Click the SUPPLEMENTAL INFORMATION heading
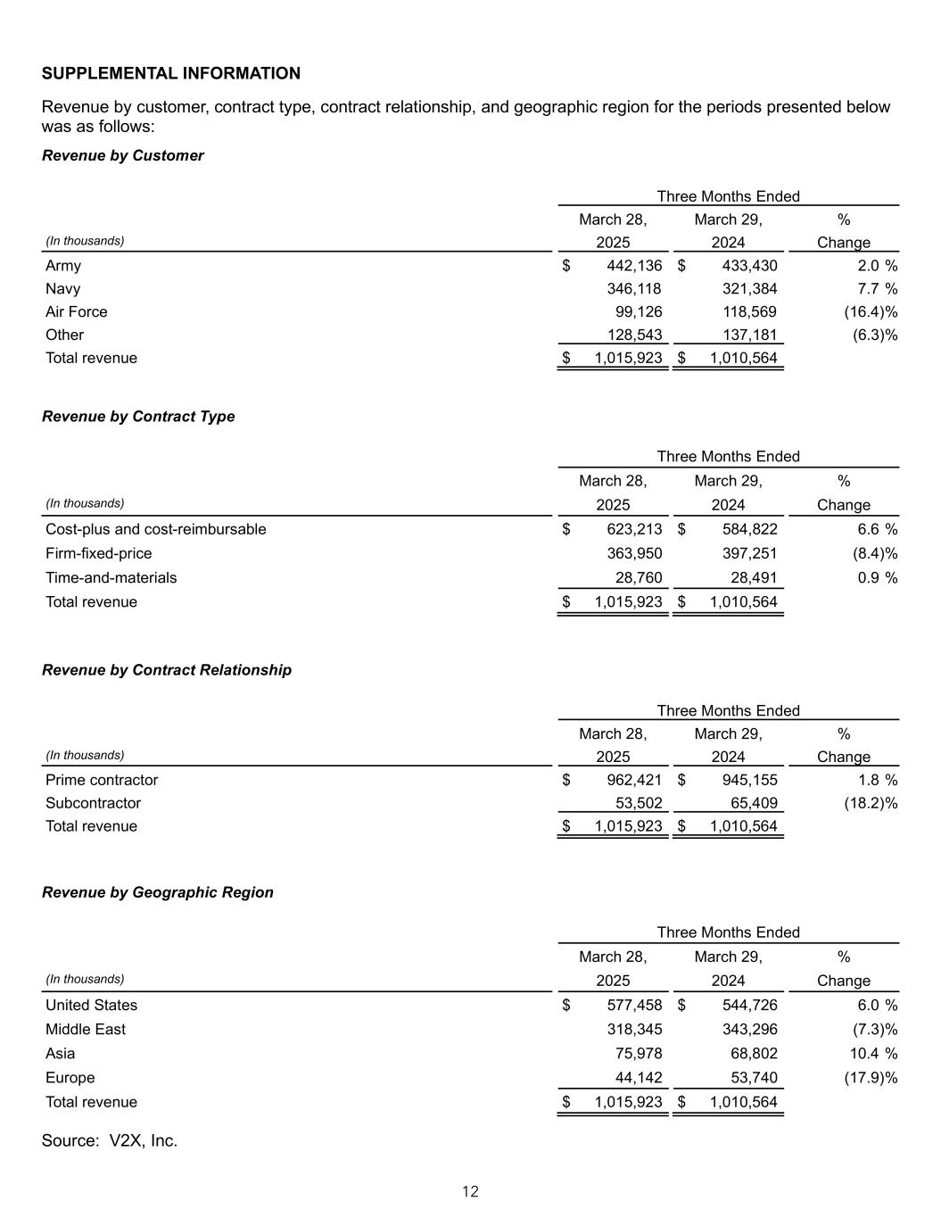point(171,73)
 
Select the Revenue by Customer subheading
point(123,155)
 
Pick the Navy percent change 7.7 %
point(876,289)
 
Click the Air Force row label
point(77,312)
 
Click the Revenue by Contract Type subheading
point(138,417)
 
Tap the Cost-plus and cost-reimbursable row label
point(156,529)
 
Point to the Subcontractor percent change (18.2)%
point(871,803)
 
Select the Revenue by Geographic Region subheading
point(158,892)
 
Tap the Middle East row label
point(86,1030)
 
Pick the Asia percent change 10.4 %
point(872,1054)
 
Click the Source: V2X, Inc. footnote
point(110,1140)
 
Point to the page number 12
point(470,1191)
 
